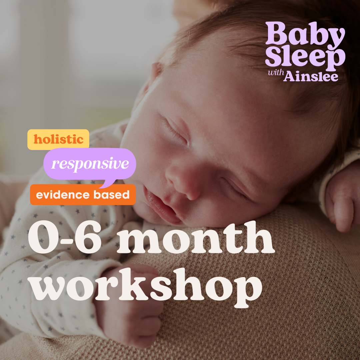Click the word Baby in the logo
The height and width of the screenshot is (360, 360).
click(305, 35)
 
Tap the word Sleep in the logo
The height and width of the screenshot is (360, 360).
click(305, 58)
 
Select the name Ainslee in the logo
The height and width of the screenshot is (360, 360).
click(311, 76)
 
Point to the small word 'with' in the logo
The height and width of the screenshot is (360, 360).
click(276, 73)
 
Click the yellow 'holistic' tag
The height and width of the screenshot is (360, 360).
click(58, 139)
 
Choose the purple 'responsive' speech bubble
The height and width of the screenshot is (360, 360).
click(90, 164)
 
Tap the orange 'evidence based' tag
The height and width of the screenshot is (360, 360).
click(83, 194)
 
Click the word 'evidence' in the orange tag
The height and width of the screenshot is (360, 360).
click(63, 195)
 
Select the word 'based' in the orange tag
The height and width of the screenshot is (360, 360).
click(112, 195)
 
